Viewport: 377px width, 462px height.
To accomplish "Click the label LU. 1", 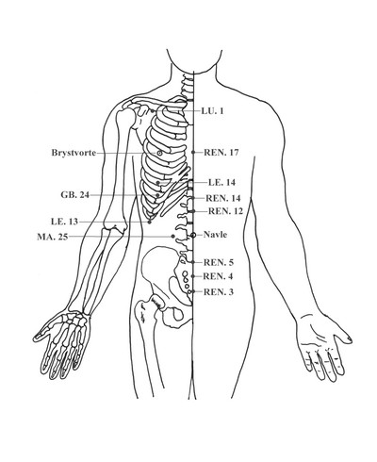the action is [x=212, y=110].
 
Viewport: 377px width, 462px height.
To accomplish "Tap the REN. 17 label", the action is [x=221, y=153].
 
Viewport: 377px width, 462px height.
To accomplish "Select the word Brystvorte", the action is [x=74, y=153].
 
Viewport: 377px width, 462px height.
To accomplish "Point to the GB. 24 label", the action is [x=75, y=195].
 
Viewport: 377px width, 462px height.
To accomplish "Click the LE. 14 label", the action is [x=221, y=182].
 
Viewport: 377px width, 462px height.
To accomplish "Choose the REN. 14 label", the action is [x=223, y=198].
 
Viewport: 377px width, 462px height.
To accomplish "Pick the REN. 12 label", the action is [x=225, y=211].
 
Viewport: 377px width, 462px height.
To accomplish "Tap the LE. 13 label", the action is [x=64, y=222].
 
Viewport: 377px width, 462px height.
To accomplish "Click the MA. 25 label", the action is [x=53, y=237].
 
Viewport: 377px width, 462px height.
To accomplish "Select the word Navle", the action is [x=215, y=235].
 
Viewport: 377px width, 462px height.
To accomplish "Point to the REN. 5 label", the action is [x=219, y=262].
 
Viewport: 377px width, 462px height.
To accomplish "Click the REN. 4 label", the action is [x=218, y=276].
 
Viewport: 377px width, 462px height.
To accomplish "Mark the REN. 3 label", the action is [x=219, y=292].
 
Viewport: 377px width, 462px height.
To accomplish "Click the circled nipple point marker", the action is [x=159, y=153].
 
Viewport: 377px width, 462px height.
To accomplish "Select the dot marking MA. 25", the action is [x=172, y=236].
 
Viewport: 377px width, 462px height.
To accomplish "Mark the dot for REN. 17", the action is [x=193, y=152].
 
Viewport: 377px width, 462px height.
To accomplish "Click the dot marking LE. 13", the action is [x=150, y=222].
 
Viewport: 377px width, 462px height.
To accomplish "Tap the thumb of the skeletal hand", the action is [x=41, y=335].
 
